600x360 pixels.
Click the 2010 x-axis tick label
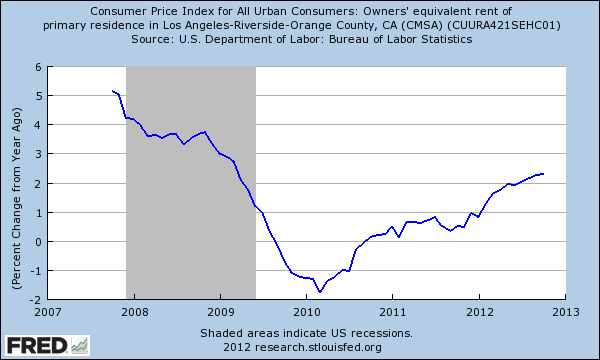tap(304, 311)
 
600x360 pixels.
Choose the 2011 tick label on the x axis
tap(391, 311)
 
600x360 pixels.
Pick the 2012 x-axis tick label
tap(479, 311)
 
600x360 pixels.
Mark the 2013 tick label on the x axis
tap(566, 311)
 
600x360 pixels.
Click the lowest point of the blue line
tap(319, 292)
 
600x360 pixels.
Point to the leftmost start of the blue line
tap(112, 91)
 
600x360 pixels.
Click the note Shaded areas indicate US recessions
tap(305, 333)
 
